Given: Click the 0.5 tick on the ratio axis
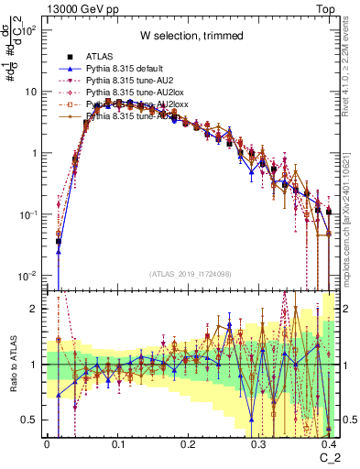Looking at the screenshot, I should point(31,420).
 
